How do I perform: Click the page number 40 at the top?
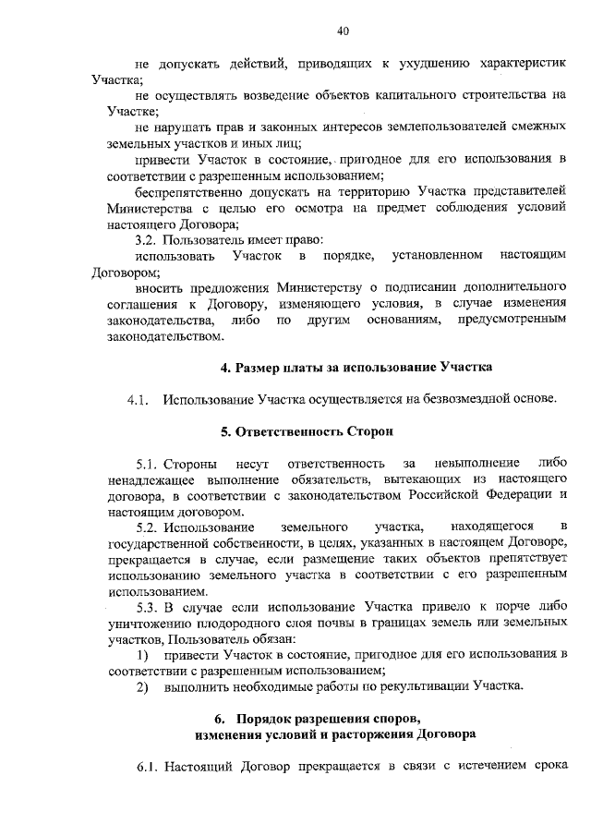click(342, 30)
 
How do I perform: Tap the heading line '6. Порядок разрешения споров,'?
click(330, 718)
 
